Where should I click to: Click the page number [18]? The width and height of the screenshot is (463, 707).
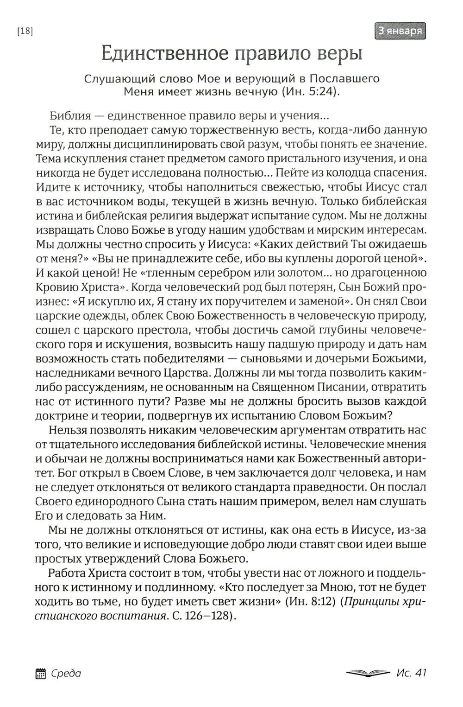[25, 31]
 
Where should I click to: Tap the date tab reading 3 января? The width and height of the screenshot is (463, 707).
[399, 31]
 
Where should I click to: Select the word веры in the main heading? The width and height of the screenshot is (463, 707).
[339, 54]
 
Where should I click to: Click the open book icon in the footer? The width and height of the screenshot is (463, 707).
[368, 673]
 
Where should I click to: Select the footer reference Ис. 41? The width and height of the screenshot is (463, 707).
[411, 673]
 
